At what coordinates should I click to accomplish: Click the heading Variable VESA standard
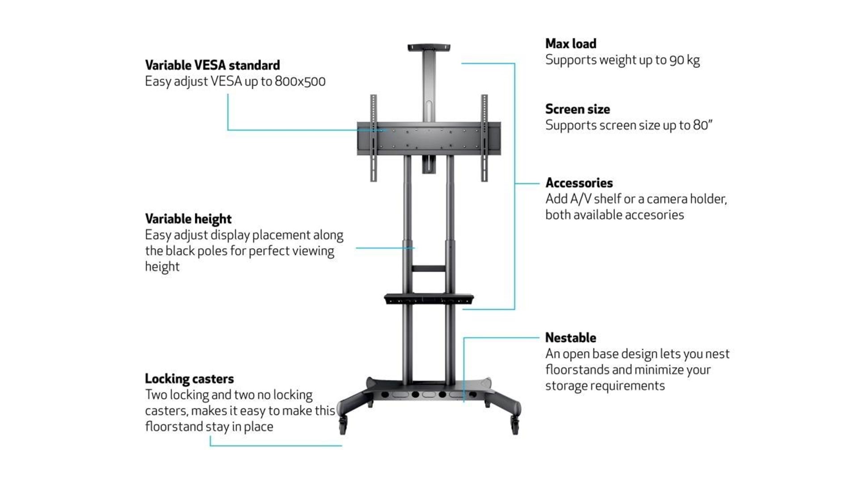point(212,65)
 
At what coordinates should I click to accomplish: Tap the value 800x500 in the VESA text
point(300,81)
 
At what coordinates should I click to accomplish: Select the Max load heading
point(571,43)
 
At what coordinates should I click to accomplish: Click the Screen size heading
point(577,109)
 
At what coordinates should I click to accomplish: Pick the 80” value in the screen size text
point(702,125)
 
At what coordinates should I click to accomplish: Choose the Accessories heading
point(579,183)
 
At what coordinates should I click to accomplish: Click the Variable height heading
point(188,219)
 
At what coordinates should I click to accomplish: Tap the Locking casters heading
point(189,379)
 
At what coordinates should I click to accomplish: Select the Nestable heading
point(571,337)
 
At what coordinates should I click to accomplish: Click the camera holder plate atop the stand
point(429,47)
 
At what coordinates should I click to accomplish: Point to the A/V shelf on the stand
point(429,299)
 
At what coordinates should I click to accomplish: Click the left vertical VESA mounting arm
point(374,138)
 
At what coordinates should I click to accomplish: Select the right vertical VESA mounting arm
point(484,138)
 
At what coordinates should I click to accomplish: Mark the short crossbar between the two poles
point(429,269)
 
